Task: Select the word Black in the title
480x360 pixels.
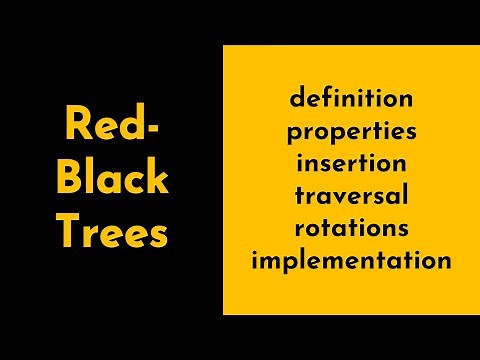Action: tap(111, 180)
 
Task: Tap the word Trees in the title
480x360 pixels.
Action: tap(111, 234)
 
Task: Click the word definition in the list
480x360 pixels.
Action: tap(351, 99)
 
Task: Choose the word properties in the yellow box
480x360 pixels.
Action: tap(351, 132)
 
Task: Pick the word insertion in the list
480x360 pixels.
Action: tap(351, 163)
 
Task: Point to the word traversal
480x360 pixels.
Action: tap(351, 196)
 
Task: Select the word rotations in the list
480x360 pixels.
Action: tap(351, 228)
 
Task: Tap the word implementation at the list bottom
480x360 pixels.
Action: tap(351, 261)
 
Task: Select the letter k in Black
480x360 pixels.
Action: tap(156, 180)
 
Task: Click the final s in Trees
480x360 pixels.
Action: tap(159, 237)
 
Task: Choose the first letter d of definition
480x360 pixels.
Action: tap(296, 99)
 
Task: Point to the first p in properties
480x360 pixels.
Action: tap(293, 134)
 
